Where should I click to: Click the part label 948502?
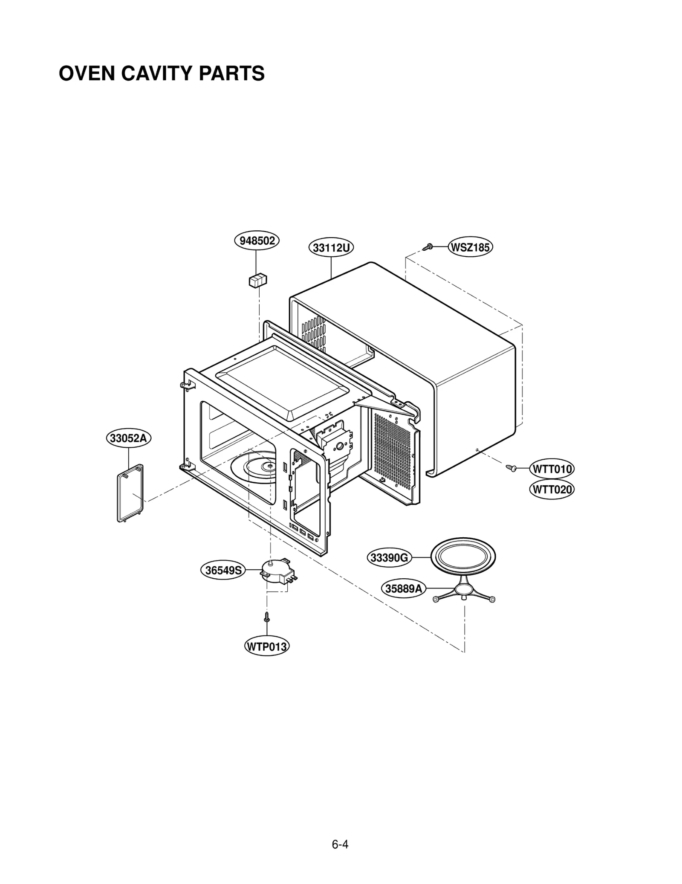click(257, 241)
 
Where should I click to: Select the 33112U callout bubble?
click(331, 248)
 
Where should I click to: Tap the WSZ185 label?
click(470, 247)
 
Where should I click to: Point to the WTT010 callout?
click(552, 469)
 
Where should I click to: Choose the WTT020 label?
click(552, 489)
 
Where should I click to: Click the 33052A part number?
click(128, 438)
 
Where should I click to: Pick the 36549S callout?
click(223, 570)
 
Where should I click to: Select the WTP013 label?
click(267, 646)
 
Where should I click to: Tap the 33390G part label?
click(389, 558)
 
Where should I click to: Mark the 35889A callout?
click(403, 589)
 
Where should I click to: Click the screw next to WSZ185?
click(428, 247)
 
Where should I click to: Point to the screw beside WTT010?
click(511, 468)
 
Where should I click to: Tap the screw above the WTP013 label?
click(267, 617)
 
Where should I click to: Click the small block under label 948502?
click(257, 280)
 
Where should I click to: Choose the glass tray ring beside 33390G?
click(463, 557)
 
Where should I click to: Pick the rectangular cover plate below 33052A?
click(130, 493)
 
